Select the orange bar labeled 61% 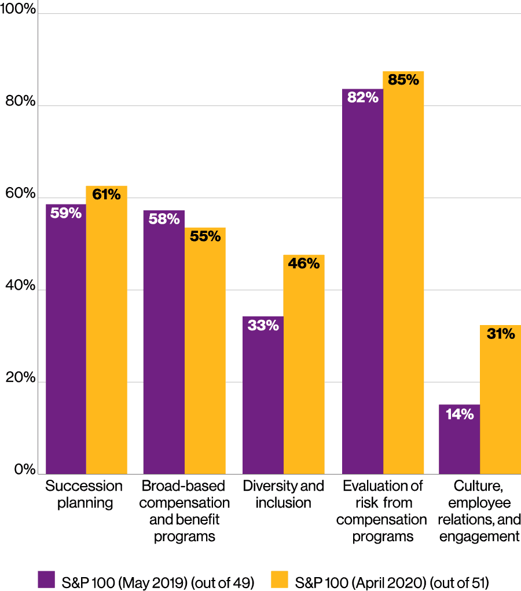(107, 330)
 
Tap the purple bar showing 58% (164, 342)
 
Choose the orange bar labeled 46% (303, 364)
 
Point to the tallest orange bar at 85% (403, 272)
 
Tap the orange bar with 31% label (500, 400)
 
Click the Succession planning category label (85, 494)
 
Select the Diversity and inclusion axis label (284, 494)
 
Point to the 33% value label (263, 326)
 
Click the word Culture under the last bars (479, 485)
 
